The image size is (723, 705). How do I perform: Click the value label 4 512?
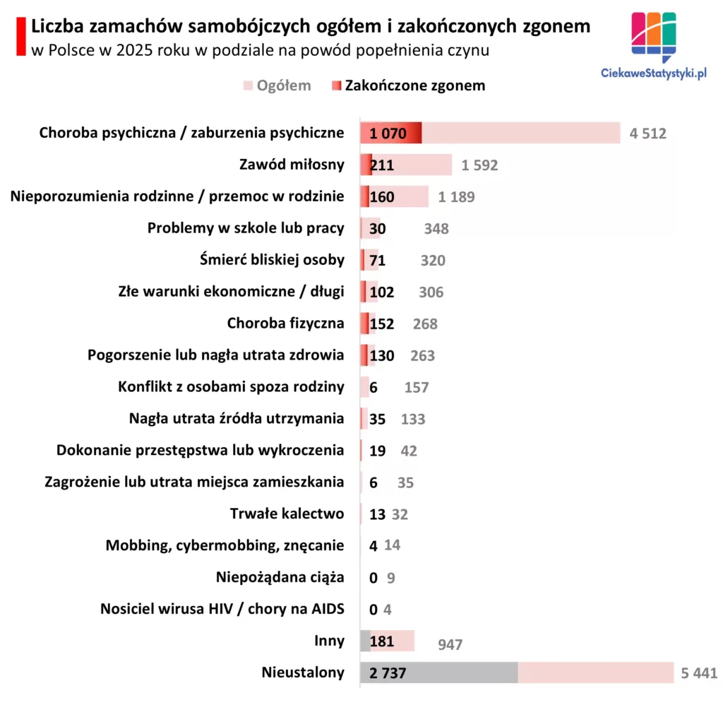(647, 134)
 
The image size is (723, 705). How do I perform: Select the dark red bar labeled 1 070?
(390, 134)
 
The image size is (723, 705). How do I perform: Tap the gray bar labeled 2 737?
(438, 673)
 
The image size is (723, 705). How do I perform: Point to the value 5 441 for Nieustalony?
(699, 673)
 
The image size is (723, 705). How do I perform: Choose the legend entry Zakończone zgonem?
(414, 85)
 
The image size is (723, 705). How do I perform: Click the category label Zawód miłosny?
(292, 165)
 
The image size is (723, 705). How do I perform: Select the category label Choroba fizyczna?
(285, 324)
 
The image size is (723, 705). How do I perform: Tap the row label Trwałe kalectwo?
(287, 514)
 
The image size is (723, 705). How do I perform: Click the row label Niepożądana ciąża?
(280, 577)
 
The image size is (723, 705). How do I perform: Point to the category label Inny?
(329, 641)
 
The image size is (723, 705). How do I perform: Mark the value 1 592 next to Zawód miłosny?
(479, 165)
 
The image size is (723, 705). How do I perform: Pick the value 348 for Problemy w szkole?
(436, 229)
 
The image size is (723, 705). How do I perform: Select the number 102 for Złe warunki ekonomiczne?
(381, 292)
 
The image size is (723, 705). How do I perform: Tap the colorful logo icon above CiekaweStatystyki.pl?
(653, 35)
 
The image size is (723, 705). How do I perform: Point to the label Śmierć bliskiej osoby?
(272, 259)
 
